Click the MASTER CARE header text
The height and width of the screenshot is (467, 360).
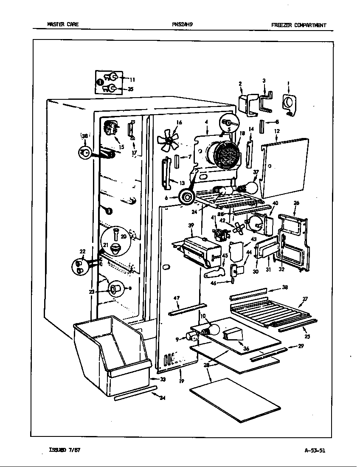[62, 25]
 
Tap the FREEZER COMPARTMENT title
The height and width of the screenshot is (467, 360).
[298, 25]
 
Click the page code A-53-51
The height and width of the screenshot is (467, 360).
[315, 451]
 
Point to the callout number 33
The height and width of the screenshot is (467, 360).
[163, 379]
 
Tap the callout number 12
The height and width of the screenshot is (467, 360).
[276, 131]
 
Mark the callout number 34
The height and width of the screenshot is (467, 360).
[163, 397]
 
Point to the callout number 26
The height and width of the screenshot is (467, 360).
[296, 203]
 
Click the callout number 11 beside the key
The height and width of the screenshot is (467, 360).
[132, 79]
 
